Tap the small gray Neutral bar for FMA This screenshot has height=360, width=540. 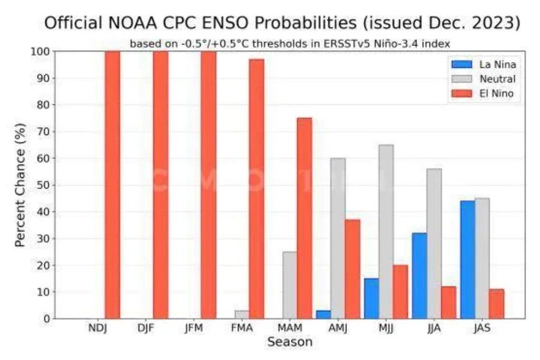tap(242, 315)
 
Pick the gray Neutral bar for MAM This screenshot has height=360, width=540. tap(290, 285)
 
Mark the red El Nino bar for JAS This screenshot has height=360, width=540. tap(497, 304)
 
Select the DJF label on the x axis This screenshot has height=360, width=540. tap(146, 329)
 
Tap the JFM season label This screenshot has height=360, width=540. tap(194, 329)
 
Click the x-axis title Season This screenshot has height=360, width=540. tap(290, 343)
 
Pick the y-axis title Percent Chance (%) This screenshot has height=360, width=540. tap(20, 185)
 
